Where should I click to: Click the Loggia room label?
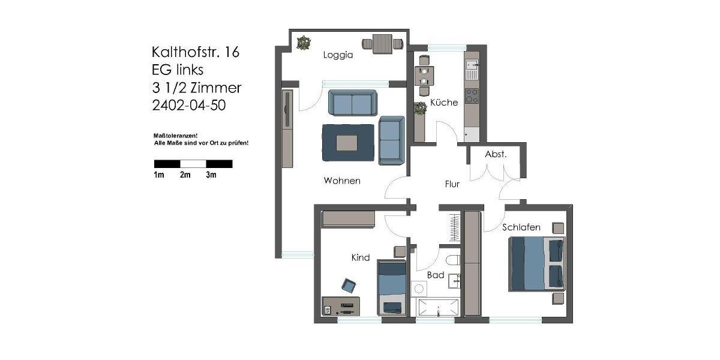(338, 55)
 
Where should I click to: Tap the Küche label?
(444, 103)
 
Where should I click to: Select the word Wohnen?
(342, 181)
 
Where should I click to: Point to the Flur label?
(452, 184)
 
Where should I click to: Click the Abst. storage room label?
(496, 154)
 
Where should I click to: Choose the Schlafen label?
(521, 227)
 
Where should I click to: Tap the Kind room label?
(360, 257)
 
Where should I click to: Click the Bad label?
(436, 275)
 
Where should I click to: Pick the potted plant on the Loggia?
(305, 43)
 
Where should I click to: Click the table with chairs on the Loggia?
(381, 44)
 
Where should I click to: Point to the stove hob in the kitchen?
(472, 96)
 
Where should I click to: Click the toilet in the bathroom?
(454, 260)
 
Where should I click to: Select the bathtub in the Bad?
(438, 307)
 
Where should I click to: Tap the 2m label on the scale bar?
(185, 175)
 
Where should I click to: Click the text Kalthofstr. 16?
(196, 52)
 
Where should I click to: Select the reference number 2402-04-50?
(190, 105)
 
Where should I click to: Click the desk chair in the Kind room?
(349, 284)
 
